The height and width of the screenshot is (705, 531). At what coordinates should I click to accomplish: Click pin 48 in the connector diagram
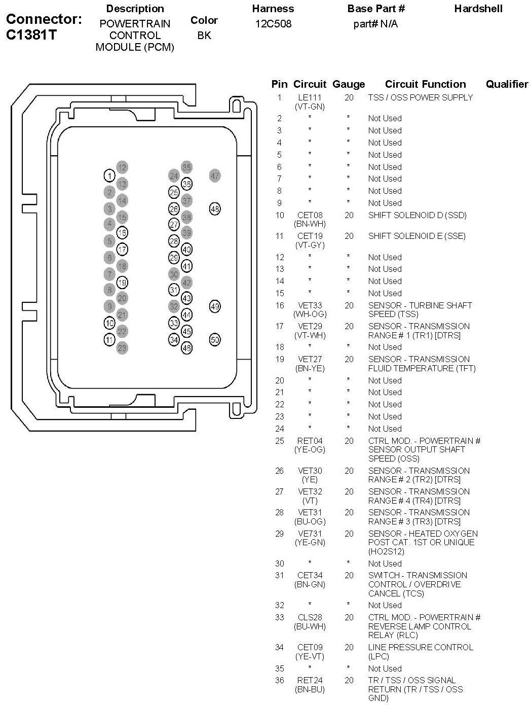point(215,209)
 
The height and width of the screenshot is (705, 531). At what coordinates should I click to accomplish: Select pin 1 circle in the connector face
point(110,175)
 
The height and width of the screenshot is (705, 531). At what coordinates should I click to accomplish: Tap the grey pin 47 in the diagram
point(215,175)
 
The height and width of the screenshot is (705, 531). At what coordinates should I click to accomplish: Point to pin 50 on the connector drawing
point(215,339)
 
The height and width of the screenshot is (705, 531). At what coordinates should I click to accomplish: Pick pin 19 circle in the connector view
point(122,283)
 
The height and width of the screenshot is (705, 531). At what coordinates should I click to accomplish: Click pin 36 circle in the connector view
point(187,184)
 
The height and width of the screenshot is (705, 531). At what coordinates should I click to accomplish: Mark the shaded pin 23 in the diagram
point(122,348)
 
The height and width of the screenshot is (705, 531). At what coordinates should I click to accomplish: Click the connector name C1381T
point(31,35)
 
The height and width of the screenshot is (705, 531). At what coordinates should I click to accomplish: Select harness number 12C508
point(274,24)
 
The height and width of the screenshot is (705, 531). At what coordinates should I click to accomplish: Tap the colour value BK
point(204,36)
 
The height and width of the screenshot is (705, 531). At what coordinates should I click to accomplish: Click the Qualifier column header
point(507,84)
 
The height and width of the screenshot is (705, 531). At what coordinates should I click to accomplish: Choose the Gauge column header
point(349,85)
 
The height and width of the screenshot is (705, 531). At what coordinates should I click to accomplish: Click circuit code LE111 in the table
point(310,97)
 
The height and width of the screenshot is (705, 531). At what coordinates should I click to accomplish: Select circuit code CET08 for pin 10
point(310,215)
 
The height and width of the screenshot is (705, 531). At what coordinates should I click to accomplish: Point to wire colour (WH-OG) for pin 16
point(310,314)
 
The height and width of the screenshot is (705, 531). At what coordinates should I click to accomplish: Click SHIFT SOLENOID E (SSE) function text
point(417,236)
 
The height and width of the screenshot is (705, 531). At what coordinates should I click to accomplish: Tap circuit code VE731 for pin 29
point(310,534)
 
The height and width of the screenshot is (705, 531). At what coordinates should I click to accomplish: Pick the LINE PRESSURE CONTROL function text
point(421,647)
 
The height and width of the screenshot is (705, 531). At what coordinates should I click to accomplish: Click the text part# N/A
point(376,24)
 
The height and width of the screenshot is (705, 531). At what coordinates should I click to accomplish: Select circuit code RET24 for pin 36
point(310,680)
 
